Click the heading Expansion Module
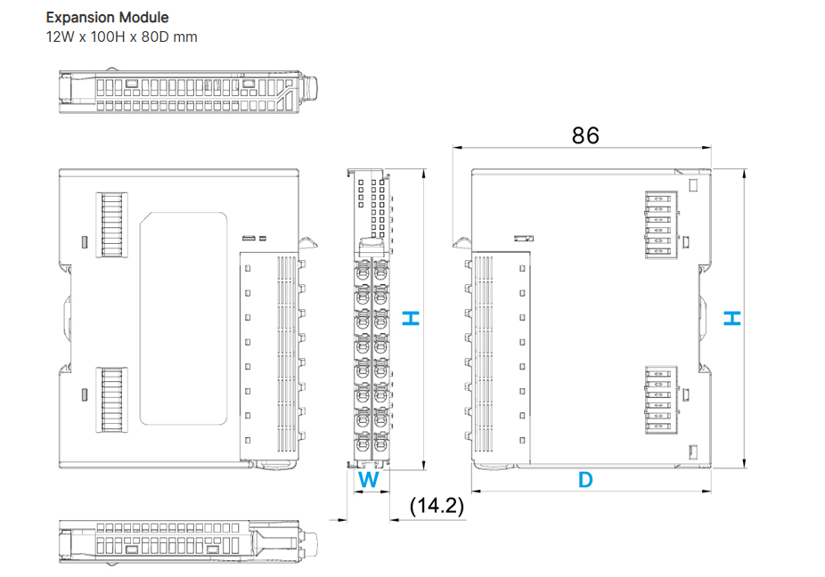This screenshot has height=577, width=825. pyautogui.click(x=107, y=17)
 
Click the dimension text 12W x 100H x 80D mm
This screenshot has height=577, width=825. pyautogui.click(x=121, y=37)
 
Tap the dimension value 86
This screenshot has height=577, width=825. pyautogui.click(x=585, y=135)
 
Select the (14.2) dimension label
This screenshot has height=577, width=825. pyautogui.click(x=437, y=506)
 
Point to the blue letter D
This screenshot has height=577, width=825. pyautogui.click(x=585, y=480)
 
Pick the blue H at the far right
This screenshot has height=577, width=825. pyautogui.click(x=731, y=318)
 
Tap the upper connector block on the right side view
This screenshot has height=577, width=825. pyautogui.click(x=660, y=227)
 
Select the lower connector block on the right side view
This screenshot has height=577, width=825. pyautogui.click(x=660, y=397)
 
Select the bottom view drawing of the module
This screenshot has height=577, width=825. pyautogui.click(x=188, y=540)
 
